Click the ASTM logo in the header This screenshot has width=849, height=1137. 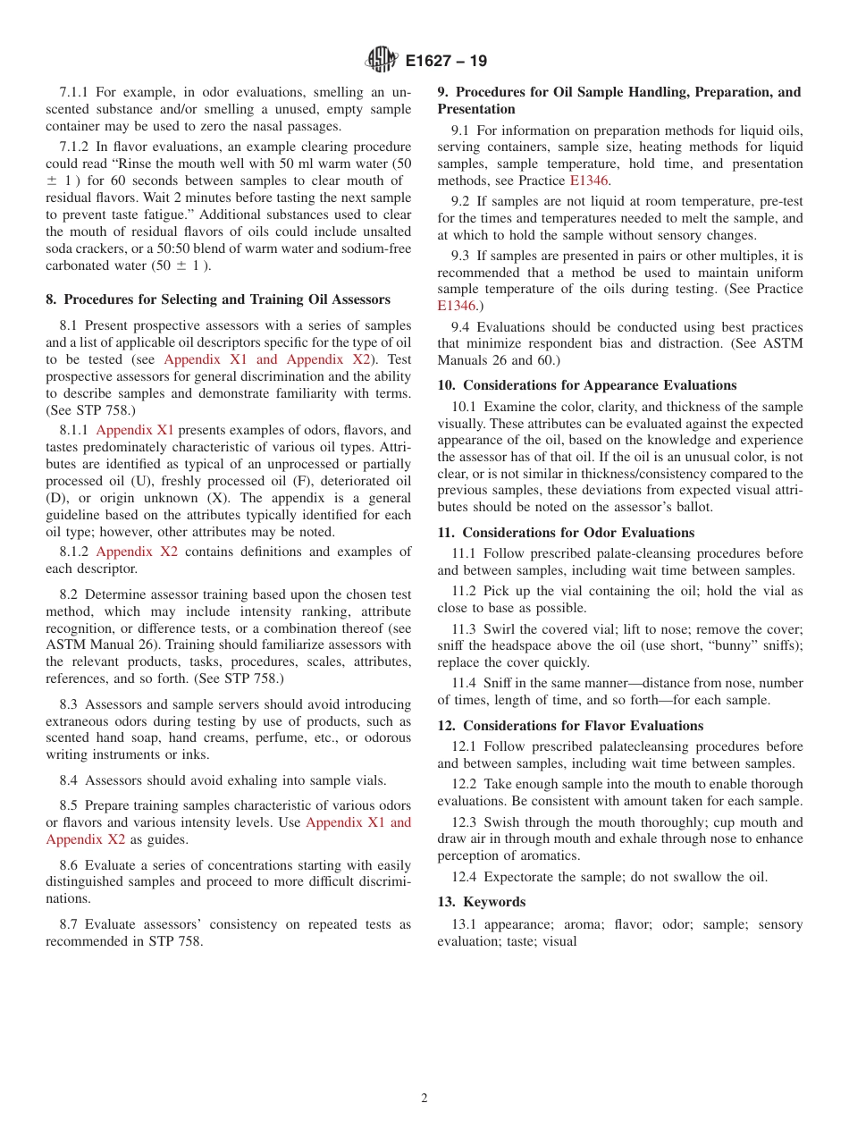point(382,61)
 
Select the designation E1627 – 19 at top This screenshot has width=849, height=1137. point(446,62)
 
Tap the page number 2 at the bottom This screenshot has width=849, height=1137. point(424,1099)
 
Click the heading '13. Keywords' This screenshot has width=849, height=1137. point(481,902)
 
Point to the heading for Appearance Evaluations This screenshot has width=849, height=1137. point(586,385)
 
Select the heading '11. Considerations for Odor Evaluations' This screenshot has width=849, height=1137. point(566,533)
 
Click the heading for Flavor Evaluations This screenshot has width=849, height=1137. point(570,726)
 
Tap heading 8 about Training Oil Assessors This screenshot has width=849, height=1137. point(218,299)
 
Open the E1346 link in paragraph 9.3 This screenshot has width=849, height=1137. point(456,306)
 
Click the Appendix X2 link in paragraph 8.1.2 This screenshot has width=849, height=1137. point(137,552)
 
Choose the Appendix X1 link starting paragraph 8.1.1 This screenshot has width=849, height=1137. point(135,430)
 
